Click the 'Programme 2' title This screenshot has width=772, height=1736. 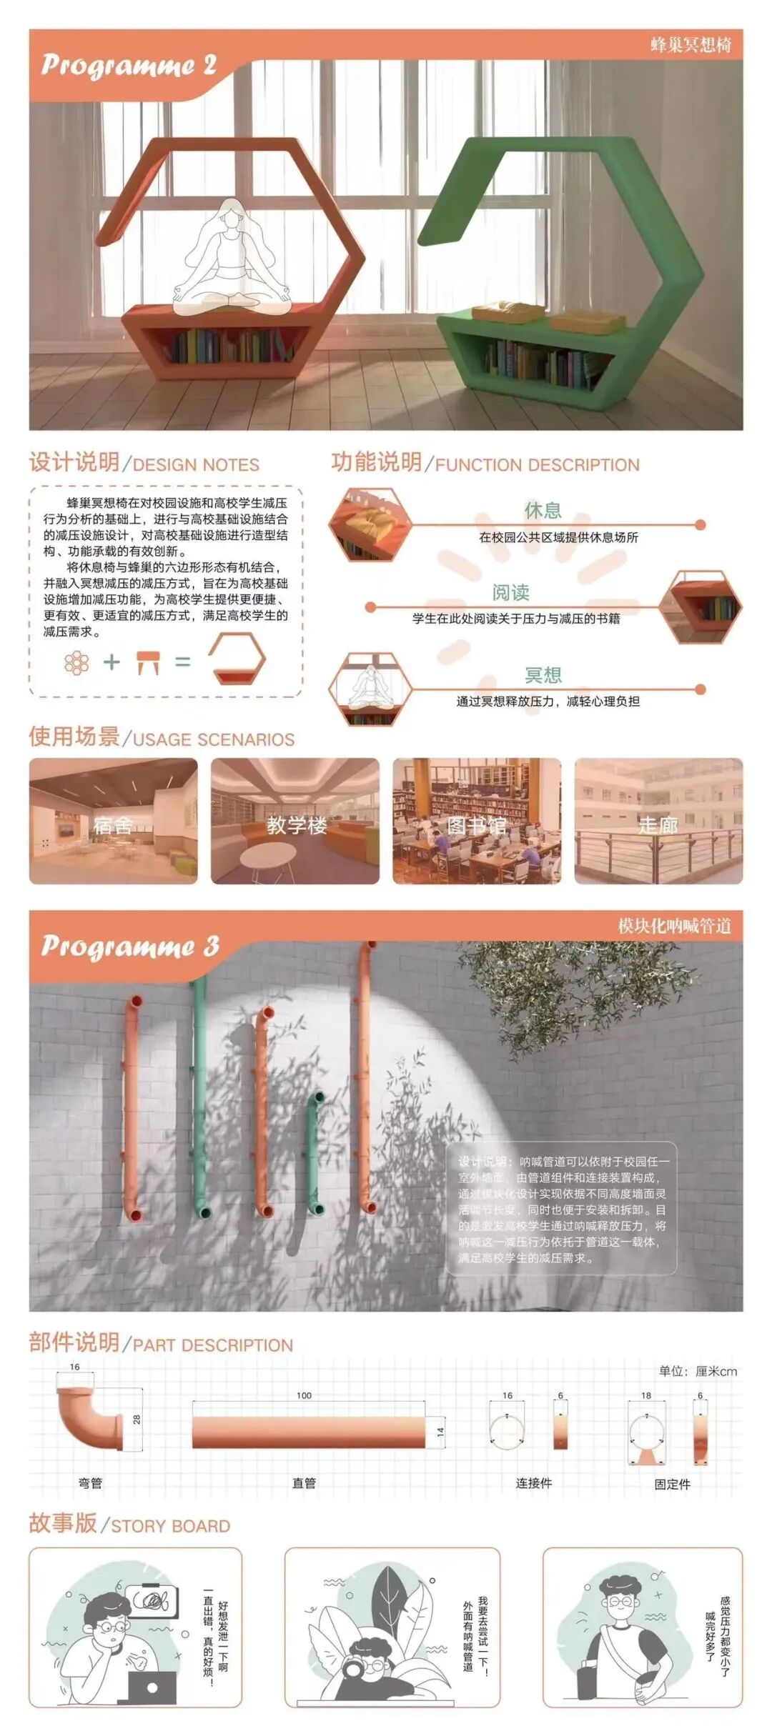[x=129, y=65]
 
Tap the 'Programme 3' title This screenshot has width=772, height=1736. [x=129, y=946]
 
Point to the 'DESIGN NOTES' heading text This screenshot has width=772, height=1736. [x=196, y=465]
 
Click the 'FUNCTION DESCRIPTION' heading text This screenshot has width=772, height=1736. [x=537, y=465]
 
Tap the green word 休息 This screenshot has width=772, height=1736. [x=543, y=510]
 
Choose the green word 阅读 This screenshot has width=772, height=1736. [x=510, y=592]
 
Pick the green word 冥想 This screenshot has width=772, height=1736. [x=543, y=675]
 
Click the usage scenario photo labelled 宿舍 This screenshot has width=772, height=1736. [x=113, y=821]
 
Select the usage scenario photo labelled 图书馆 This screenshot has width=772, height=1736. [x=476, y=821]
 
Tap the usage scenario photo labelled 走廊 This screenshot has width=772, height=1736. [x=658, y=821]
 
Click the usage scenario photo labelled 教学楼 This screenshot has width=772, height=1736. [x=295, y=821]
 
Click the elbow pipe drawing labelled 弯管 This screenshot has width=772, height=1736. [x=90, y=1416]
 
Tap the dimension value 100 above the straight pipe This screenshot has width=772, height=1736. [x=304, y=1395]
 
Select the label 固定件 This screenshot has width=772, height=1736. [x=672, y=1484]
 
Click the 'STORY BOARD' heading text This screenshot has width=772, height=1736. [x=170, y=1526]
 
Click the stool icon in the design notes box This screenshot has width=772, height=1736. [x=147, y=662]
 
